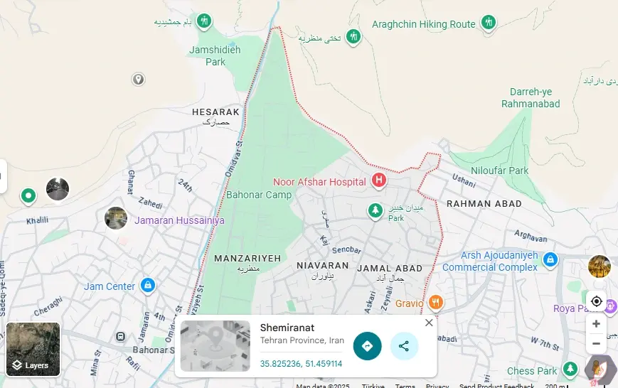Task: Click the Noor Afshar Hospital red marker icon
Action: click(x=379, y=180)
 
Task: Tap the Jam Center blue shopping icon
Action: click(x=147, y=286)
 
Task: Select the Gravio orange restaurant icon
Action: click(x=437, y=303)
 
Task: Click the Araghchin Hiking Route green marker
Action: click(x=488, y=23)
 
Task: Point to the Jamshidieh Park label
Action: click(x=215, y=55)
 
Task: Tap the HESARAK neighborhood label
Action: click(x=215, y=112)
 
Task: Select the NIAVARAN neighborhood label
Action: click(x=322, y=266)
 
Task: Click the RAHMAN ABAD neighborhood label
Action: click(x=484, y=203)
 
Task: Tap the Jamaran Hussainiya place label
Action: click(x=179, y=220)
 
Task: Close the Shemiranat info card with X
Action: click(x=429, y=323)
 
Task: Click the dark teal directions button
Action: click(x=367, y=346)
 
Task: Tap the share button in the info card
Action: click(x=404, y=346)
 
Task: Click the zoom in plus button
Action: click(x=596, y=324)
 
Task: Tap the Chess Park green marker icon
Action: click(x=570, y=370)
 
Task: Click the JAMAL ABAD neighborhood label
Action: click(x=390, y=269)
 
